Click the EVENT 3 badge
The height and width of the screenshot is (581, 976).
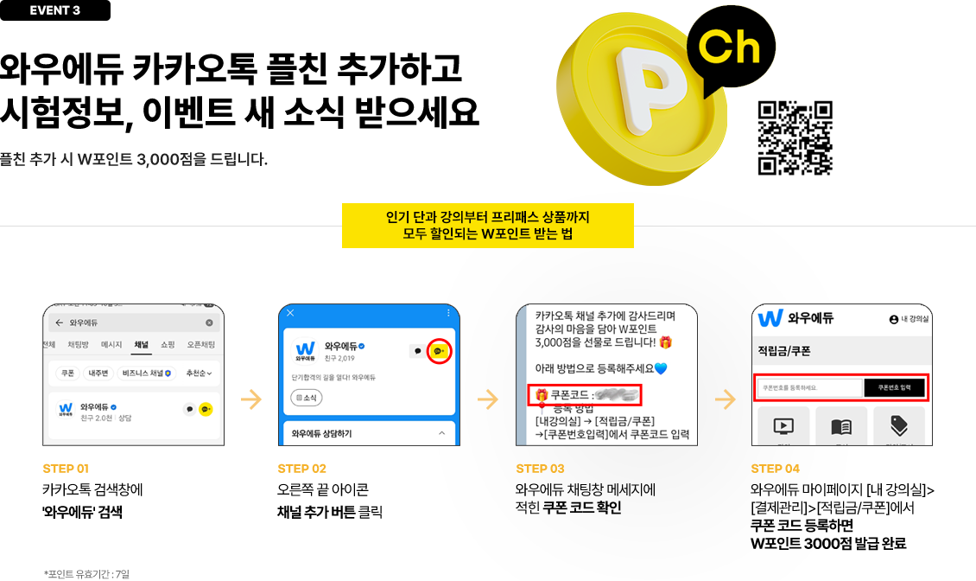click(x=55, y=10)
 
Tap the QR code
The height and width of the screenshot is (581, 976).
click(x=795, y=138)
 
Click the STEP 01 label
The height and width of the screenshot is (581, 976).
click(x=66, y=469)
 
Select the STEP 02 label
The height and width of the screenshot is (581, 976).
click(x=302, y=469)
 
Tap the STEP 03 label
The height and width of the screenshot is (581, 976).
click(x=540, y=469)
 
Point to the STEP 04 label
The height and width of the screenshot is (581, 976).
click(x=775, y=469)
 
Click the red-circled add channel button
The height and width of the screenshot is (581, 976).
click(x=440, y=351)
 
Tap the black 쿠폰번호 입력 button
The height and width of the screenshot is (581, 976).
click(x=894, y=388)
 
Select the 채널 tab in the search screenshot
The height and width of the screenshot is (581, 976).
click(x=141, y=345)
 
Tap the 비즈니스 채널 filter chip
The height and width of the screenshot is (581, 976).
click(x=145, y=373)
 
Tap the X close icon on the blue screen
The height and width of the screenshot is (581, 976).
click(x=290, y=313)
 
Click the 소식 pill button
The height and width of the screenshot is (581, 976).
click(x=306, y=399)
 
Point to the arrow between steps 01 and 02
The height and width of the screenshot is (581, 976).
click(x=251, y=399)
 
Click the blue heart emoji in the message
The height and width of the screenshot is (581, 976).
click(x=661, y=368)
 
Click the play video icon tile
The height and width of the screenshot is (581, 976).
click(x=783, y=425)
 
